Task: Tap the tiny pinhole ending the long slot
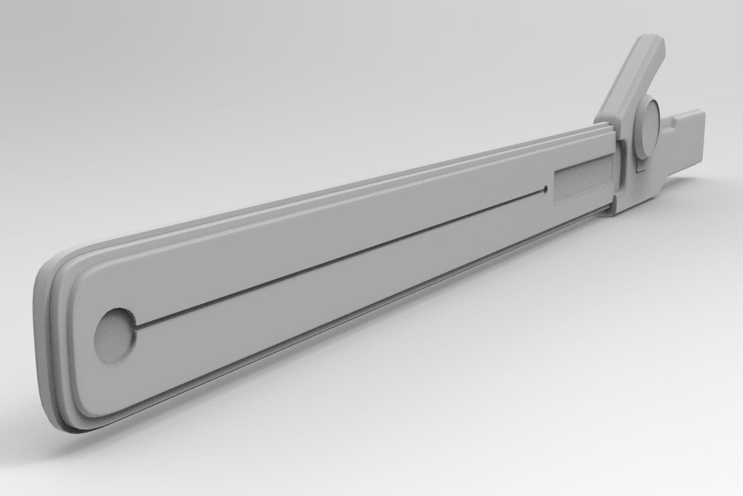(546, 189)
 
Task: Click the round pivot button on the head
(647, 128)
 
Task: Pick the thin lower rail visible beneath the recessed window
(580, 215)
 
